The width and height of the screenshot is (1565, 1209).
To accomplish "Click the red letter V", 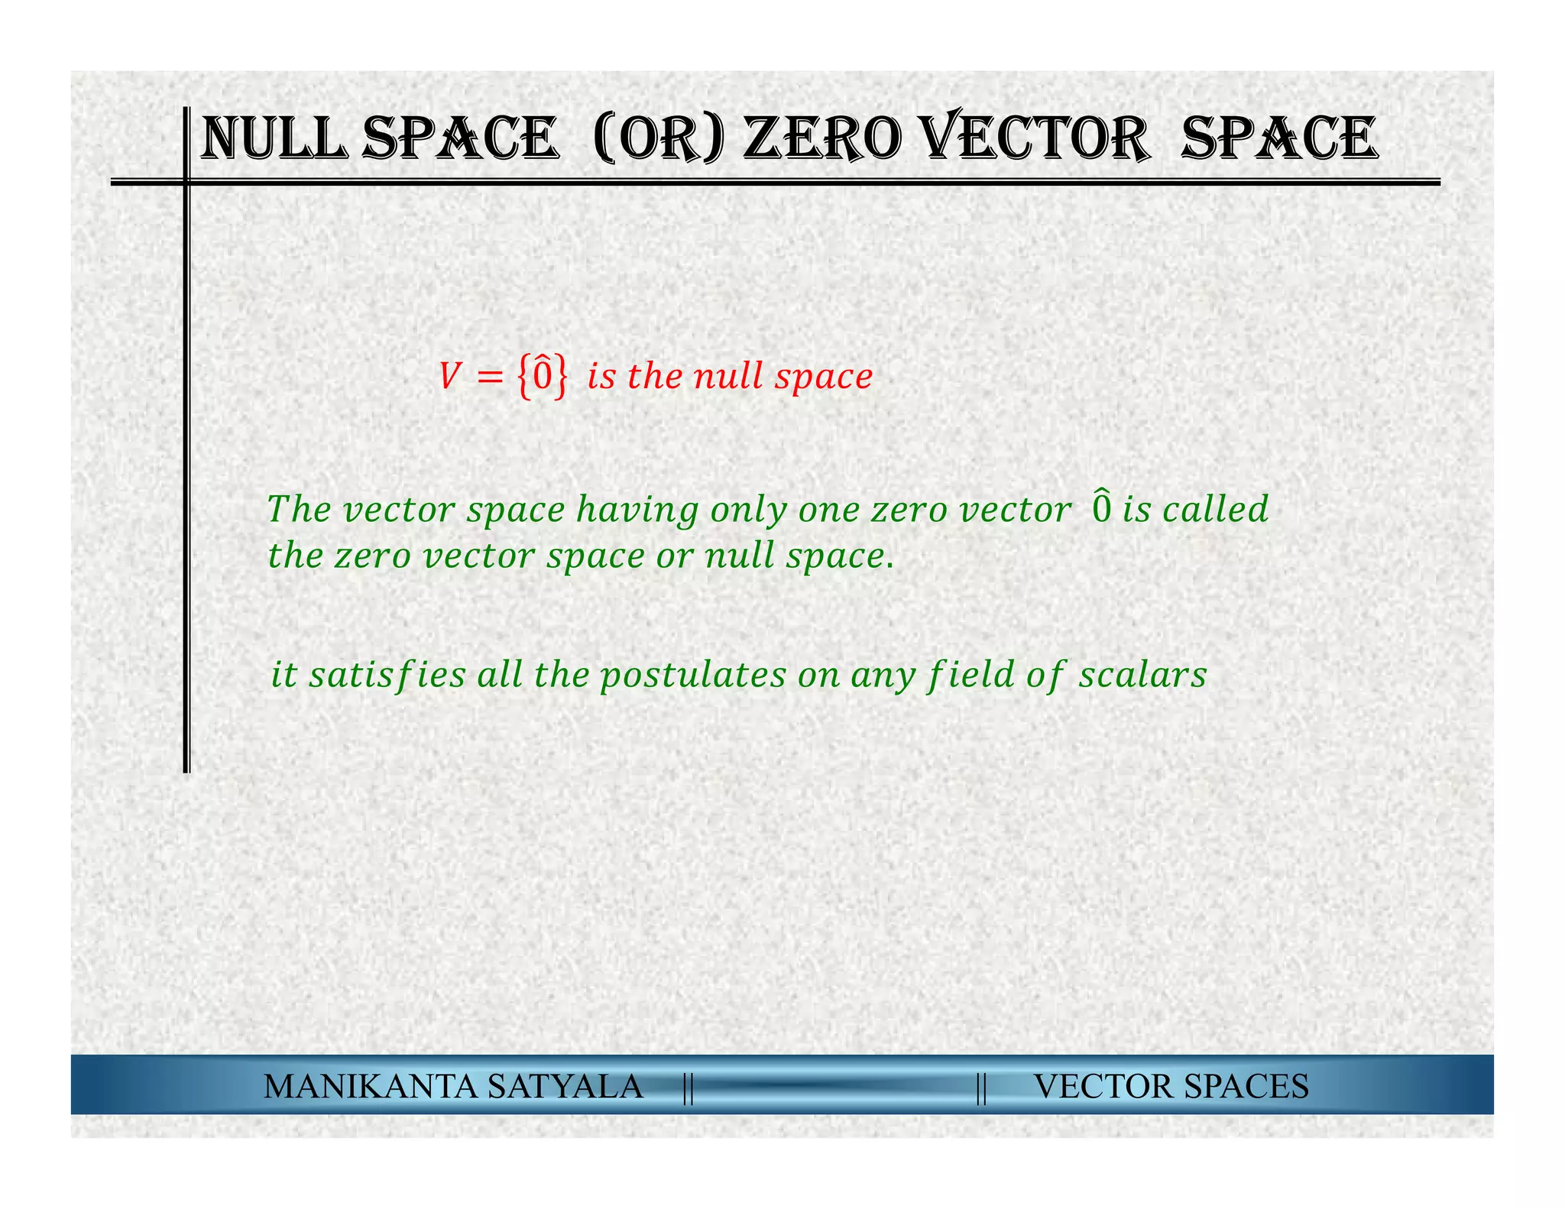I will pyautogui.click(x=449, y=377).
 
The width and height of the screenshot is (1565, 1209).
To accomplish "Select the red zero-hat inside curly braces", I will pyautogui.click(x=542, y=375).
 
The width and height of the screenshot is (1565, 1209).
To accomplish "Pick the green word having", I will pyautogui.click(x=637, y=510).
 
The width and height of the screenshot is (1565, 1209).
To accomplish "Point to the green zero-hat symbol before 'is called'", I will pyautogui.click(x=1101, y=508).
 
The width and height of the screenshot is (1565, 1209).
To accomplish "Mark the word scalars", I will pyautogui.click(x=1142, y=675).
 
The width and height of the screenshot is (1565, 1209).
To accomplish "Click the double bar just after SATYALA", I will pyautogui.click(x=688, y=1087).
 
